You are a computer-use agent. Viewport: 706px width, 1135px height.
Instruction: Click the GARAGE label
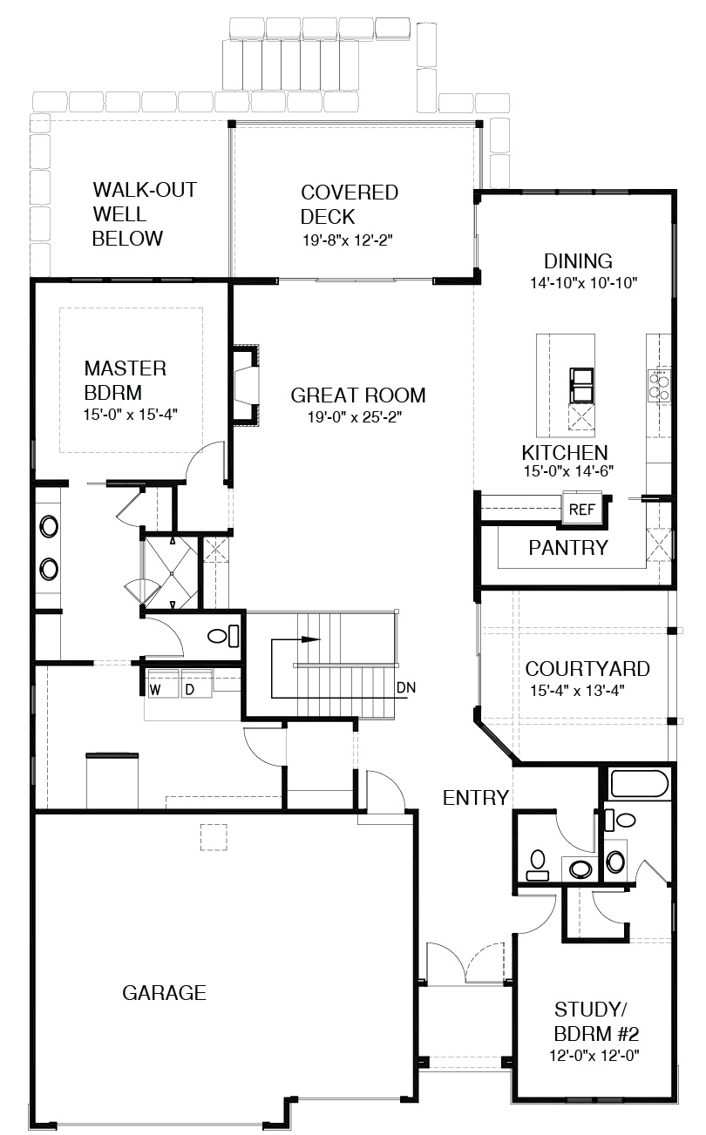click(x=165, y=993)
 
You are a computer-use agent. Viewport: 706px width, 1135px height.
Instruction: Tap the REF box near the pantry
click(x=581, y=509)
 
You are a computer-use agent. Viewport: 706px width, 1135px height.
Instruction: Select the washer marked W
click(x=162, y=684)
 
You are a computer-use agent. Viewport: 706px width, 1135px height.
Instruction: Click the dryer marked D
click(x=196, y=684)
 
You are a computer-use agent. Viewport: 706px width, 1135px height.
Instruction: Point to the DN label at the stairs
click(x=406, y=687)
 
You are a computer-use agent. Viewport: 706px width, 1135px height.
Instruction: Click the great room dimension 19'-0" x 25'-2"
click(x=355, y=417)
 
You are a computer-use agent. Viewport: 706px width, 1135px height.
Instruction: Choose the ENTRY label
click(x=475, y=798)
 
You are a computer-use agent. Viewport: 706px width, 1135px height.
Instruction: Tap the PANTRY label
click(x=568, y=548)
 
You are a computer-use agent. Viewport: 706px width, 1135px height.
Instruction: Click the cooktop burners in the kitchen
click(x=659, y=386)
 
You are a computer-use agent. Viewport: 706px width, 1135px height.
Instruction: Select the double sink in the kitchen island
click(x=581, y=385)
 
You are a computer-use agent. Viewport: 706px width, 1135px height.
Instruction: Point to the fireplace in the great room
click(x=247, y=385)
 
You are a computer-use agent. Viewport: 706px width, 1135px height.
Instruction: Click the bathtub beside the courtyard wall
click(x=642, y=784)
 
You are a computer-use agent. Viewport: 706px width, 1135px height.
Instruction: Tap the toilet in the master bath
click(x=224, y=636)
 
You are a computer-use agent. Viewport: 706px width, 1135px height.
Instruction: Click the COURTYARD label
click(x=587, y=669)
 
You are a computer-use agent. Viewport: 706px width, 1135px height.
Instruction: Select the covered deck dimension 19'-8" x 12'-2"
click(x=348, y=240)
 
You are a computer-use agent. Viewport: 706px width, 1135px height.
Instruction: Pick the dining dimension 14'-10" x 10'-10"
click(x=583, y=282)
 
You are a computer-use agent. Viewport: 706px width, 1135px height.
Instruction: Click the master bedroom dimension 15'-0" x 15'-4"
click(x=131, y=415)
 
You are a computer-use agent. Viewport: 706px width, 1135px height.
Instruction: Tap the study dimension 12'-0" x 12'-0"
click(x=594, y=1055)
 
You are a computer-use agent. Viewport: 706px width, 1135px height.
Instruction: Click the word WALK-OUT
click(x=145, y=190)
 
